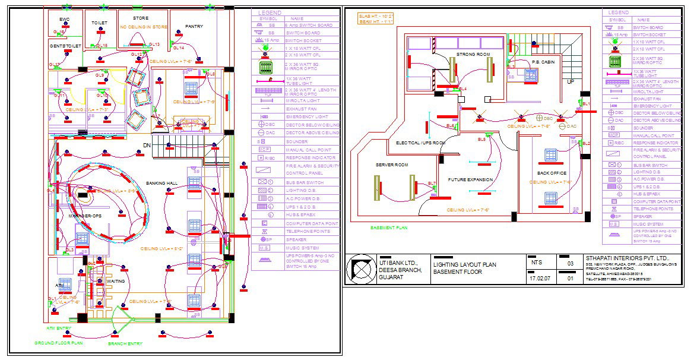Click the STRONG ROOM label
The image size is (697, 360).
[x=473, y=55]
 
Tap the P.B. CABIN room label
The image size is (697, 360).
[x=543, y=61]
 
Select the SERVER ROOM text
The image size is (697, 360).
[x=391, y=165]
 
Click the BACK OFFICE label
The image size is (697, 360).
[x=552, y=173]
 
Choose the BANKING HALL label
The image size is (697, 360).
[x=161, y=183]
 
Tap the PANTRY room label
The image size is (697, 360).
[x=194, y=26]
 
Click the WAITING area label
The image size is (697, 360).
[x=115, y=281]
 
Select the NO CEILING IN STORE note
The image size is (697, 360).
[x=144, y=27]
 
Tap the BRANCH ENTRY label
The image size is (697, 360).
[x=125, y=343]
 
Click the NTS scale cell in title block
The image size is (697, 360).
[x=536, y=262]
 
